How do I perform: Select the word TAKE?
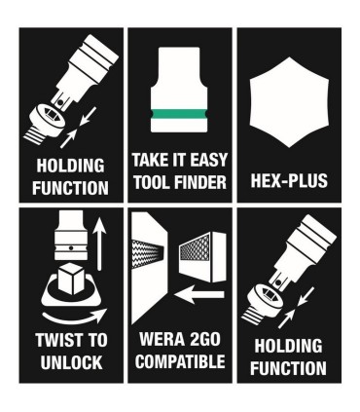click(151, 159)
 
